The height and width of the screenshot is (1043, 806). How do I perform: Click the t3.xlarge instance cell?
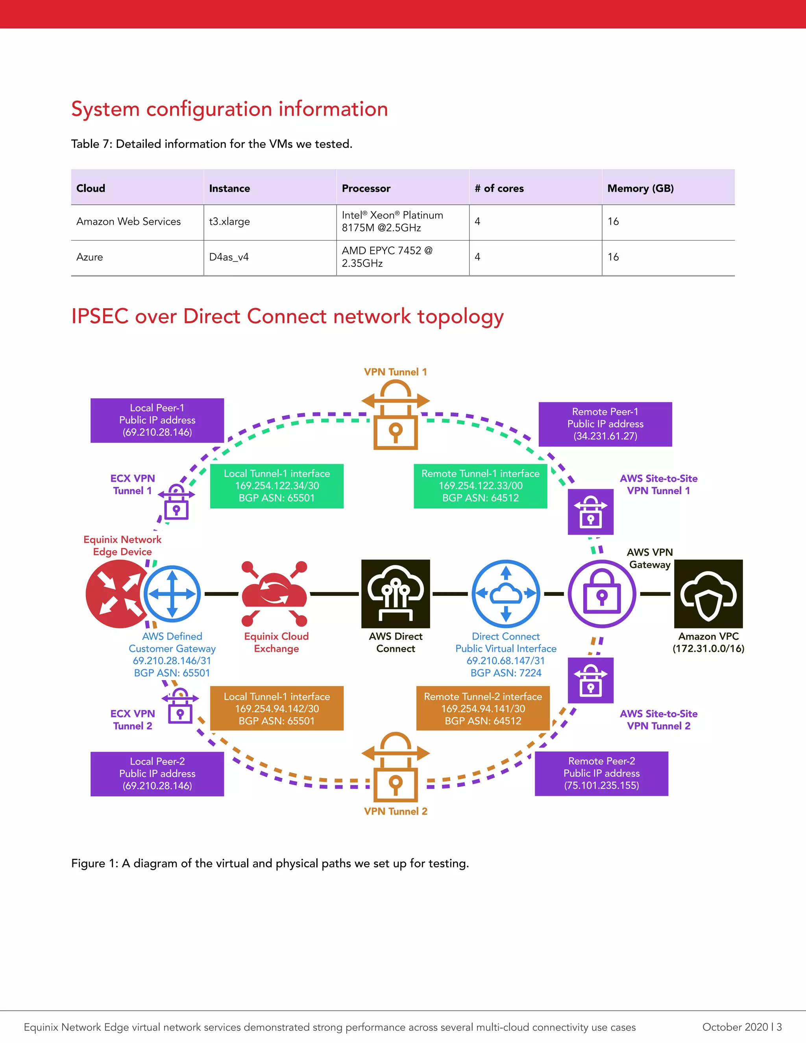click(x=230, y=222)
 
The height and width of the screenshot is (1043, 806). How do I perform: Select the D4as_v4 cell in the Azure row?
click(x=229, y=257)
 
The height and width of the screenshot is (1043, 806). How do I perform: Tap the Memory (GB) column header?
click(x=640, y=188)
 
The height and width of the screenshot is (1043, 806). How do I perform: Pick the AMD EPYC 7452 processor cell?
click(x=387, y=257)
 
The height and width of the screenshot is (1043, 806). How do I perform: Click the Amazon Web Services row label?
click(x=128, y=222)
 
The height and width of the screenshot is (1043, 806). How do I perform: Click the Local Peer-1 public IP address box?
click(x=157, y=420)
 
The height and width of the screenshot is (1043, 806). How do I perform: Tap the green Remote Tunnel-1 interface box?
click(x=481, y=486)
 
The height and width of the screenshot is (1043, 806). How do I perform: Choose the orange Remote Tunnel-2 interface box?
click(x=483, y=709)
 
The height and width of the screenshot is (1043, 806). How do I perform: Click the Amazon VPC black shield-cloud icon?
click(x=708, y=594)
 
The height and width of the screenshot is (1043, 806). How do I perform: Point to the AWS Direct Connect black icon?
click(x=396, y=594)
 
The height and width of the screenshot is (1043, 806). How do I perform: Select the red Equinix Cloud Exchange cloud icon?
click(x=275, y=594)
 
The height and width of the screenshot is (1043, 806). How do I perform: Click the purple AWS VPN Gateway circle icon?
click(x=602, y=594)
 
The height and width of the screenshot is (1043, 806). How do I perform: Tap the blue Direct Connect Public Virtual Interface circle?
click(x=506, y=594)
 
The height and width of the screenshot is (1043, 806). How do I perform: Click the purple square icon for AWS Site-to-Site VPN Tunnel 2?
click(x=591, y=681)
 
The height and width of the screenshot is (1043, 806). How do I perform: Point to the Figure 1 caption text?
click(x=270, y=864)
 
